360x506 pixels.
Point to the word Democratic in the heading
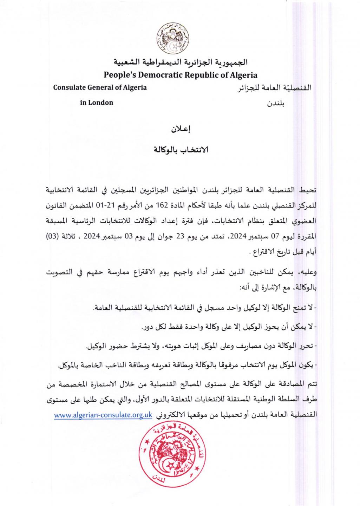(162, 75)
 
